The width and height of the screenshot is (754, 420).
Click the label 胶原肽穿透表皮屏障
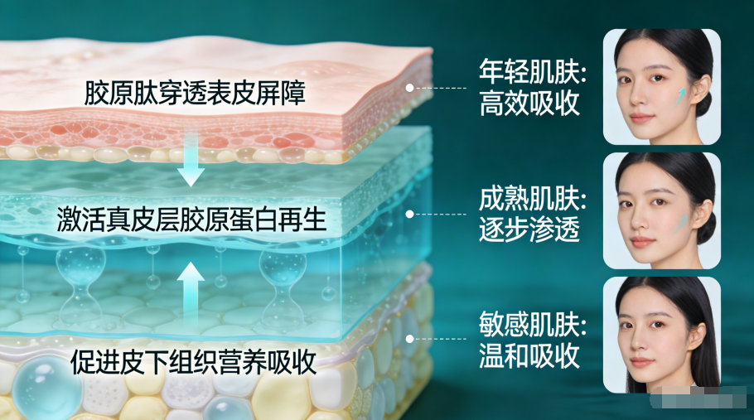(x=195, y=93)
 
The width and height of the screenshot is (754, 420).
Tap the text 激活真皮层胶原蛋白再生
(x=191, y=220)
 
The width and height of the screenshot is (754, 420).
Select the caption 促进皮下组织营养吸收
(x=193, y=361)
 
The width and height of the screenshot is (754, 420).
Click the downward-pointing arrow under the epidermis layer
(x=191, y=158)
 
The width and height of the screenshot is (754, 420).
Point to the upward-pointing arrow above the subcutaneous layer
(x=191, y=294)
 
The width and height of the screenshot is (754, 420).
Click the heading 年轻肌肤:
(x=533, y=72)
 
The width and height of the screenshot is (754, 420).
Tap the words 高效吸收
(x=529, y=104)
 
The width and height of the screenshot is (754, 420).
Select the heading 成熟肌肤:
(x=533, y=199)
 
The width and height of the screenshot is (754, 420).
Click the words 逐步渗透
(x=529, y=229)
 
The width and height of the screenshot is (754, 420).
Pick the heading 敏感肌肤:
(x=533, y=324)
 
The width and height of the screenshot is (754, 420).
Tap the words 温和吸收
(x=529, y=355)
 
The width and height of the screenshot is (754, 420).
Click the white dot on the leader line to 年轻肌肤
(x=409, y=88)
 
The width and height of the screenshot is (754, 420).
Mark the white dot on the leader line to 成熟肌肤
(x=409, y=215)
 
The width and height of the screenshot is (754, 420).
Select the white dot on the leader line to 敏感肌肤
(x=409, y=339)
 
